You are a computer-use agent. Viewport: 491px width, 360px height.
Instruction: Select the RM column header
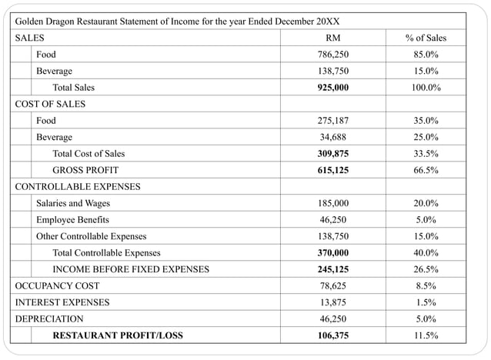pyautogui.click(x=333, y=38)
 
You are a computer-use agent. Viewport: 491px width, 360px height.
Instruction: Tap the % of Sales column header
pyautogui.click(x=426, y=38)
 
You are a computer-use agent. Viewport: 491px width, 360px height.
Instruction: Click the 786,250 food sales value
pyautogui.click(x=333, y=55)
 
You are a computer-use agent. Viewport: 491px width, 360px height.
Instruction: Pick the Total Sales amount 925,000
pyautogui.click(x=333, y=88)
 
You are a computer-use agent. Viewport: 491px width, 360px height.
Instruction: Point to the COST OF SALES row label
pyautogui.click(x=50, y=104)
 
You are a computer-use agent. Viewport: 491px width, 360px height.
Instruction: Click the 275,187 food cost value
pyautogui.click(x=333, y=121)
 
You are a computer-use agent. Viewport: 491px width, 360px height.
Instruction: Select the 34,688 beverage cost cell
pyautogui.click(x=333, y=137)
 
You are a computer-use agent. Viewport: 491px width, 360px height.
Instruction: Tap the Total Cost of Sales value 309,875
pyautogui.click(x=333, y=154)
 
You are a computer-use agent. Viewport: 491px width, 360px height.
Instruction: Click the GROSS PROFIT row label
pyautogui.click(x=85, y=170)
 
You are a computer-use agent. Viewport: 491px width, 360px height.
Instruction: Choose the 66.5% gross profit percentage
pyautogui.click(x=426, y=170)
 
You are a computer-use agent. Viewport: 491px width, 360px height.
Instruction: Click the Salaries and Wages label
pyautogui.click(x=73, y=203)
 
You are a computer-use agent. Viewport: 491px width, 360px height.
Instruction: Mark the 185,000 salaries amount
pyautogui.click(x=333, y=203)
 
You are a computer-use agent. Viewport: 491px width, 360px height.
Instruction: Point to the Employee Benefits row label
pyautogui.click(x=72, y=220)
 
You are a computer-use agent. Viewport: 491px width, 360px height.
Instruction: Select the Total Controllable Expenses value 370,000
pyautogui.click(x=333, y=252)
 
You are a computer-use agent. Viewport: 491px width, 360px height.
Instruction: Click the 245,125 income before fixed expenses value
pyautogui.click(x=333, y=269)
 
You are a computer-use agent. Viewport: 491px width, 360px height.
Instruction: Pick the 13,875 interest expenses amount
pyautogui.click(x=333, y=302)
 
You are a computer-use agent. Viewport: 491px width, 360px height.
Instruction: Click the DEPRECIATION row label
pyautogui.click(x=49, y=318)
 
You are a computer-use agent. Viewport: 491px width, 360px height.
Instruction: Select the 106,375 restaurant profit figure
pyautogui.click(x=333, y=335)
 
